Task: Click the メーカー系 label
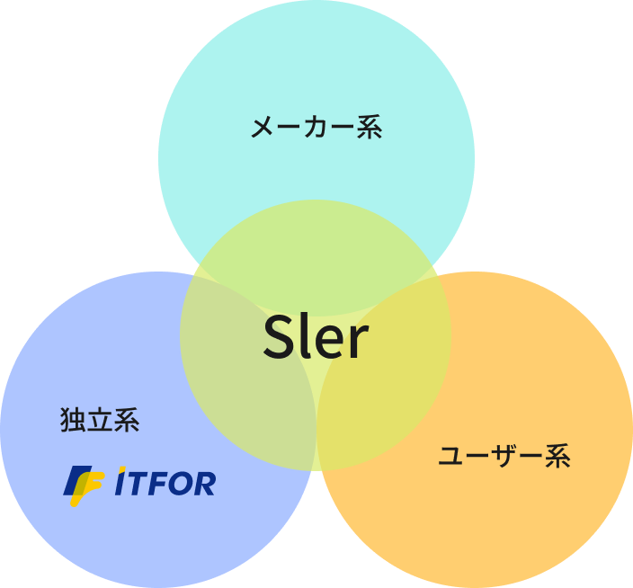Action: (x=316, y=128)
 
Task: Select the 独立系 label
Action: (x=100, y=420)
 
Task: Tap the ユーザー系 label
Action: (x=504, y=457)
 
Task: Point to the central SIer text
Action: (x=316, y=339)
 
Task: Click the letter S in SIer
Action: (x=280, y=339)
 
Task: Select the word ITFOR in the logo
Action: (x=166, y=484)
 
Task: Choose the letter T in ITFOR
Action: (x=136, y=484)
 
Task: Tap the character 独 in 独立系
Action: (x=73, y=420)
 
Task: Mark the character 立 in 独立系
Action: (x=100, y=420)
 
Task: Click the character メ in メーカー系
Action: (x=263, y=128)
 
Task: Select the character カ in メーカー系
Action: (x=316, y=128)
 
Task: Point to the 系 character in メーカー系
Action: (x=370, y=128)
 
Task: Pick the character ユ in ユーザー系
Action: (x=451, y=458)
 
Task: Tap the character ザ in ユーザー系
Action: (x=504, y=457)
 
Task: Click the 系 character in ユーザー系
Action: (x=557, y=457)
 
